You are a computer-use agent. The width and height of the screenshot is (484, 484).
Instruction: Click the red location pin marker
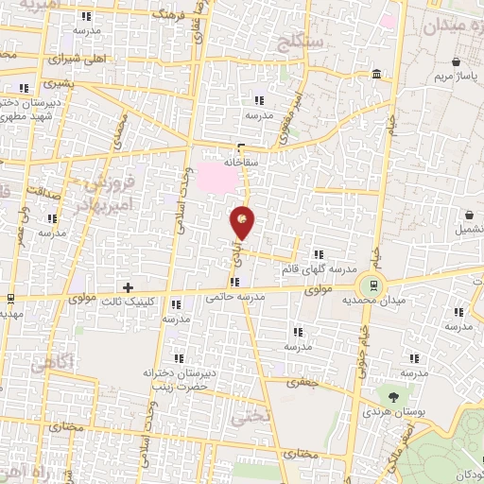pos(243,223)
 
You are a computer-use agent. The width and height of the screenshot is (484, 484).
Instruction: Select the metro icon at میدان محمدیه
pos(374,284)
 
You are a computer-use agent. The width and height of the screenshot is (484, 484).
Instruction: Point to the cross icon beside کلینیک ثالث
pos(129,286)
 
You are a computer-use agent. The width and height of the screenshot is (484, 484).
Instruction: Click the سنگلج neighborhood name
pos(302,41)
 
